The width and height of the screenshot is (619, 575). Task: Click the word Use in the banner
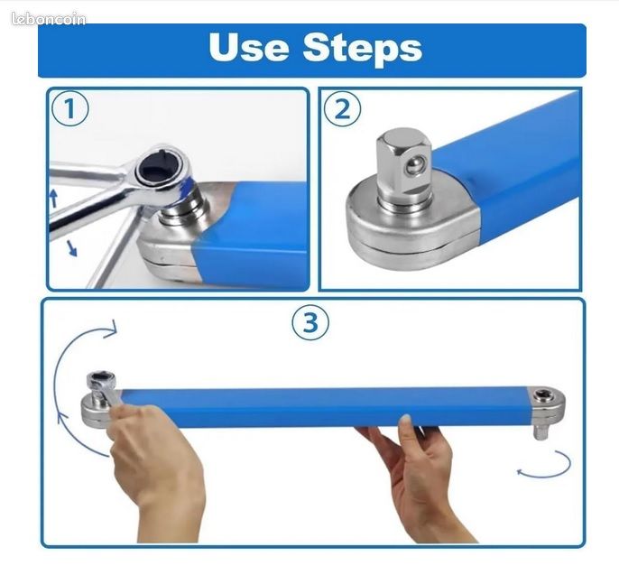click(248, 47)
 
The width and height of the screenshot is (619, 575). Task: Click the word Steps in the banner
click(363, 50)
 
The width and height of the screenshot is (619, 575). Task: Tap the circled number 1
click(70, 108)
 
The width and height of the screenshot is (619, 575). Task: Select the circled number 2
click(342, 109)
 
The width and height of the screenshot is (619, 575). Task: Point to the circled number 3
click(310, 322)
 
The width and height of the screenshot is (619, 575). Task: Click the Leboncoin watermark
click(49, 19)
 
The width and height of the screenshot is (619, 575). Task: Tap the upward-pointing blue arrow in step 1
click(54, 199)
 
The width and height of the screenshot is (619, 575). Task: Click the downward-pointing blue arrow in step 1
click(71, 248)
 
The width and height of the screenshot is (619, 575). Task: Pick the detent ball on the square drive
click(415, 166)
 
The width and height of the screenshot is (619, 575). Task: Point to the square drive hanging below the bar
click(540, 431)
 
